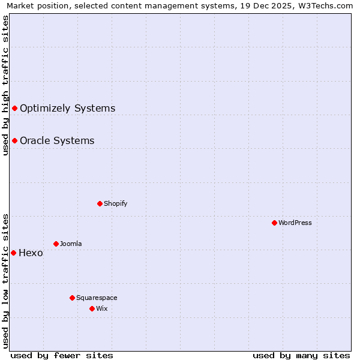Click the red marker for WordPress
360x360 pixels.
click(274, 223)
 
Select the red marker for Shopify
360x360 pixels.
click(100, 203)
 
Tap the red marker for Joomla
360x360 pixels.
click(56, 244)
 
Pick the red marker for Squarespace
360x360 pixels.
click(72, 298)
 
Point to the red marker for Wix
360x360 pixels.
click(92, 308)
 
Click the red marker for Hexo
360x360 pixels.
click(13, 253)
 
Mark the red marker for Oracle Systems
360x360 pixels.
click(14, 140)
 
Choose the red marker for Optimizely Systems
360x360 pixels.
click(14, 108)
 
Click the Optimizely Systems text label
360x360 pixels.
click(67, 109)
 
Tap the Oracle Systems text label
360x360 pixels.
click(57, 141)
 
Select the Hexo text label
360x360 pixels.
click(31, 253)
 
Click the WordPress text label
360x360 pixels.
click(295, 223)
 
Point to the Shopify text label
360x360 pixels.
click(116, 203)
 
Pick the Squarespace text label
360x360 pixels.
click(97, 298)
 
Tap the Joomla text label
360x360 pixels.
click(71, 244)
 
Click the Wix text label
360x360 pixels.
click(102, 308)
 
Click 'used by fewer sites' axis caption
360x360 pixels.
click(62, 355)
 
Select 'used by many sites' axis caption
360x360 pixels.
click(301, 355)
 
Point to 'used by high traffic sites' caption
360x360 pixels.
click(5, 85)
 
